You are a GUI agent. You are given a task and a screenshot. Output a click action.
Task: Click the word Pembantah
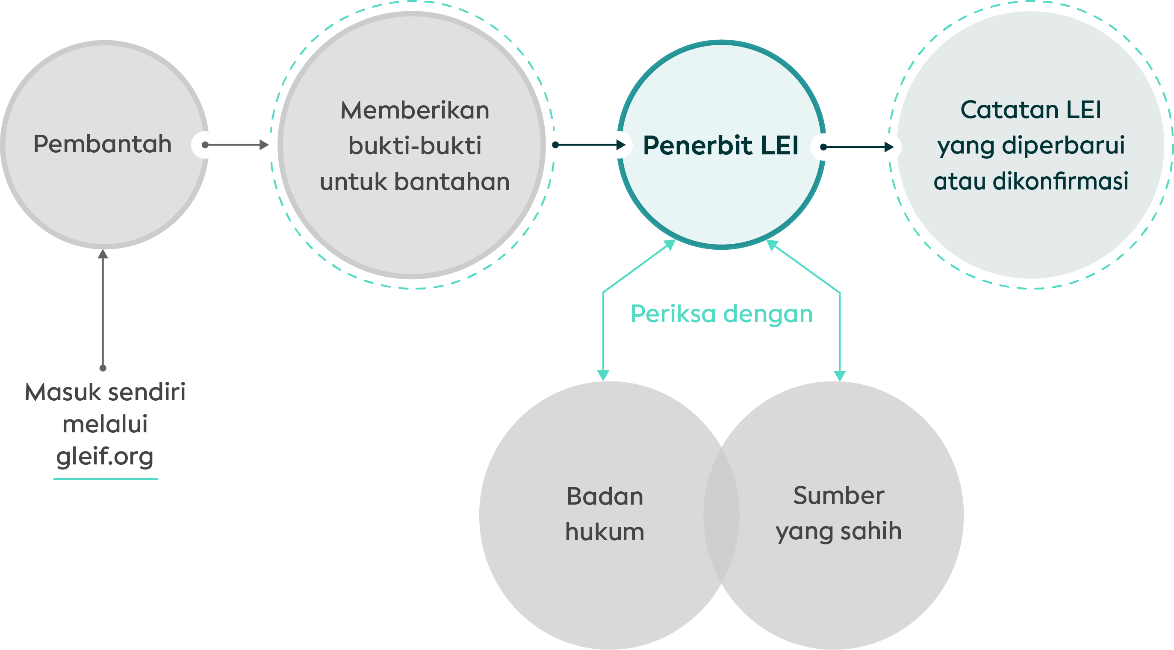103,144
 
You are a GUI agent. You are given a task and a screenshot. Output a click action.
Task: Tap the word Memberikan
415,110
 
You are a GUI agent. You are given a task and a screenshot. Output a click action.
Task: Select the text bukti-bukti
415,146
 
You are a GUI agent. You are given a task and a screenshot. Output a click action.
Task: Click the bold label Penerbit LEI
720,145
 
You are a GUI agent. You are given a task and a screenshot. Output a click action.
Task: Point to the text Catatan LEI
1031,109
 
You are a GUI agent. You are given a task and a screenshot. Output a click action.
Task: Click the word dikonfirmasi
1061,181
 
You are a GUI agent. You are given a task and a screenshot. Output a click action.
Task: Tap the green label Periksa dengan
721,314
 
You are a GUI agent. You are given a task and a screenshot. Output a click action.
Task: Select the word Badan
605,496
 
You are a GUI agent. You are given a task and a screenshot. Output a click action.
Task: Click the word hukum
605,532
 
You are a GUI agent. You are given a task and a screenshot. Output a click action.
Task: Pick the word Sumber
838,495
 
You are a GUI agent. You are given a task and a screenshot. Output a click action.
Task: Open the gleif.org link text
105,457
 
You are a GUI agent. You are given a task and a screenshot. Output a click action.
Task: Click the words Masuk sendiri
105,392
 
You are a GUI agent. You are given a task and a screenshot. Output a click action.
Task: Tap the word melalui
105,424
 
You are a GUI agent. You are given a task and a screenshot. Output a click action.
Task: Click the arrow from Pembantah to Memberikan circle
236,145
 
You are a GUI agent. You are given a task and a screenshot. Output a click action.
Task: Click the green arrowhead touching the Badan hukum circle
603,375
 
